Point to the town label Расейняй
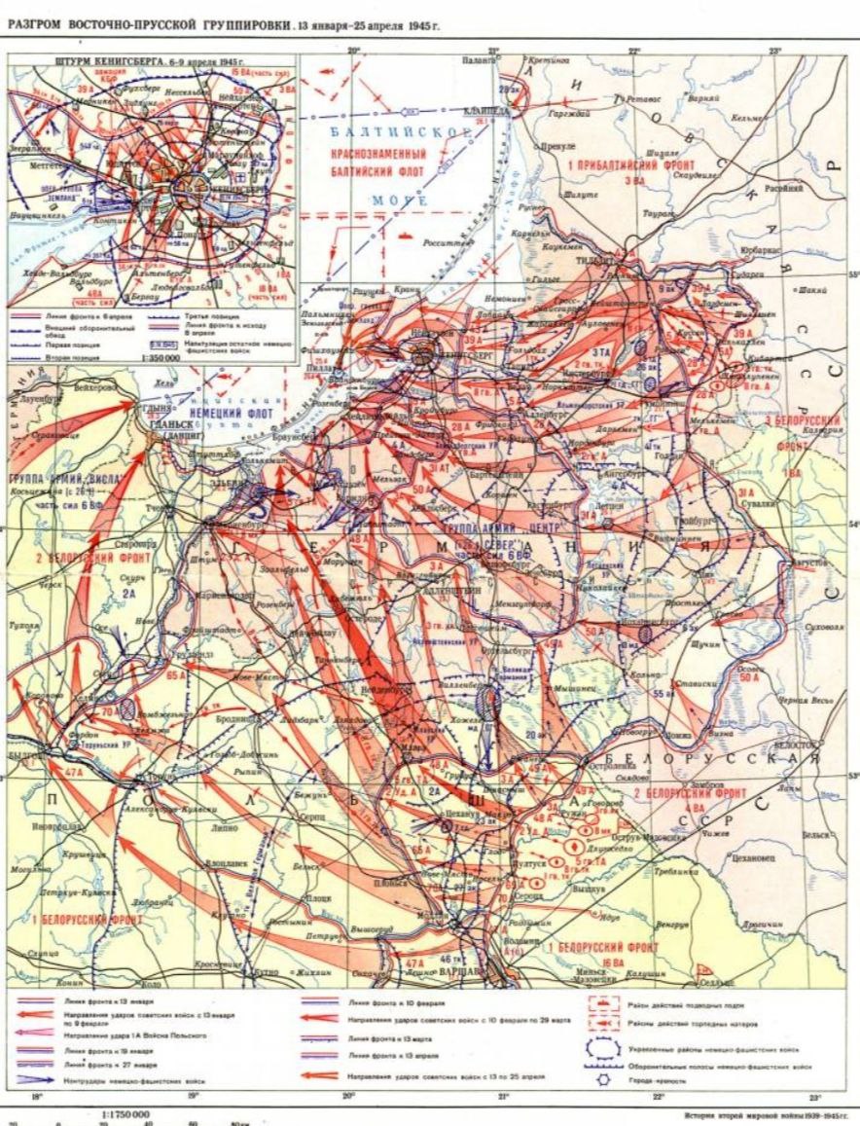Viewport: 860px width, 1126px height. pos(782,189)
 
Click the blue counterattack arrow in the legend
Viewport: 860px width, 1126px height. pos(39,1078)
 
